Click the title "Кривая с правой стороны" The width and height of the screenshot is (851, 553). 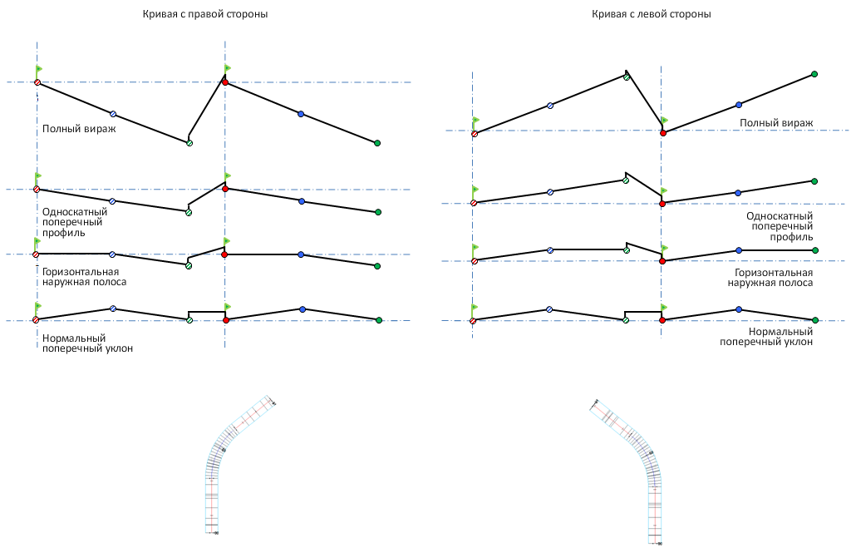coord(204,15)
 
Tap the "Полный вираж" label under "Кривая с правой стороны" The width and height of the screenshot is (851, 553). coord(79,128)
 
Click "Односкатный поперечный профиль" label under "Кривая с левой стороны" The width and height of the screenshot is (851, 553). coord(779,226)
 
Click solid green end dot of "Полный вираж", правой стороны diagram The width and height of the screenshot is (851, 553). coord(377,143)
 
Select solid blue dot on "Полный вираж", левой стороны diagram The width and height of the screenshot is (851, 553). coord(738,106)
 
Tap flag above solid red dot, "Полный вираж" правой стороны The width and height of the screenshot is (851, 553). coord(227,68)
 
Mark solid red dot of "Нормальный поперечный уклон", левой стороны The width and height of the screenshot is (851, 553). coord(662,320)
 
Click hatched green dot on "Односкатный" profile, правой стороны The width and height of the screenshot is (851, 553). coord(189,213)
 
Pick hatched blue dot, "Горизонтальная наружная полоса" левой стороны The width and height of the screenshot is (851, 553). coord(549,249)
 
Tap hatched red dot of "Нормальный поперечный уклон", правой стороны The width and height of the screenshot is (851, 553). coord(36,320)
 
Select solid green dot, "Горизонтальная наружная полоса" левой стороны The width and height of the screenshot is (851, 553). coord(814,250)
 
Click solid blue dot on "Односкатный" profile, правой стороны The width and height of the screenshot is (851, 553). coord(301,201)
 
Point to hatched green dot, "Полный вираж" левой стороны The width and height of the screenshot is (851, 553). coord(627,77)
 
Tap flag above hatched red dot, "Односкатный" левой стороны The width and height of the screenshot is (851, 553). coord(475,190)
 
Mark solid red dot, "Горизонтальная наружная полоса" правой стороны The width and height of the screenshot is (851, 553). coord(224,254)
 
